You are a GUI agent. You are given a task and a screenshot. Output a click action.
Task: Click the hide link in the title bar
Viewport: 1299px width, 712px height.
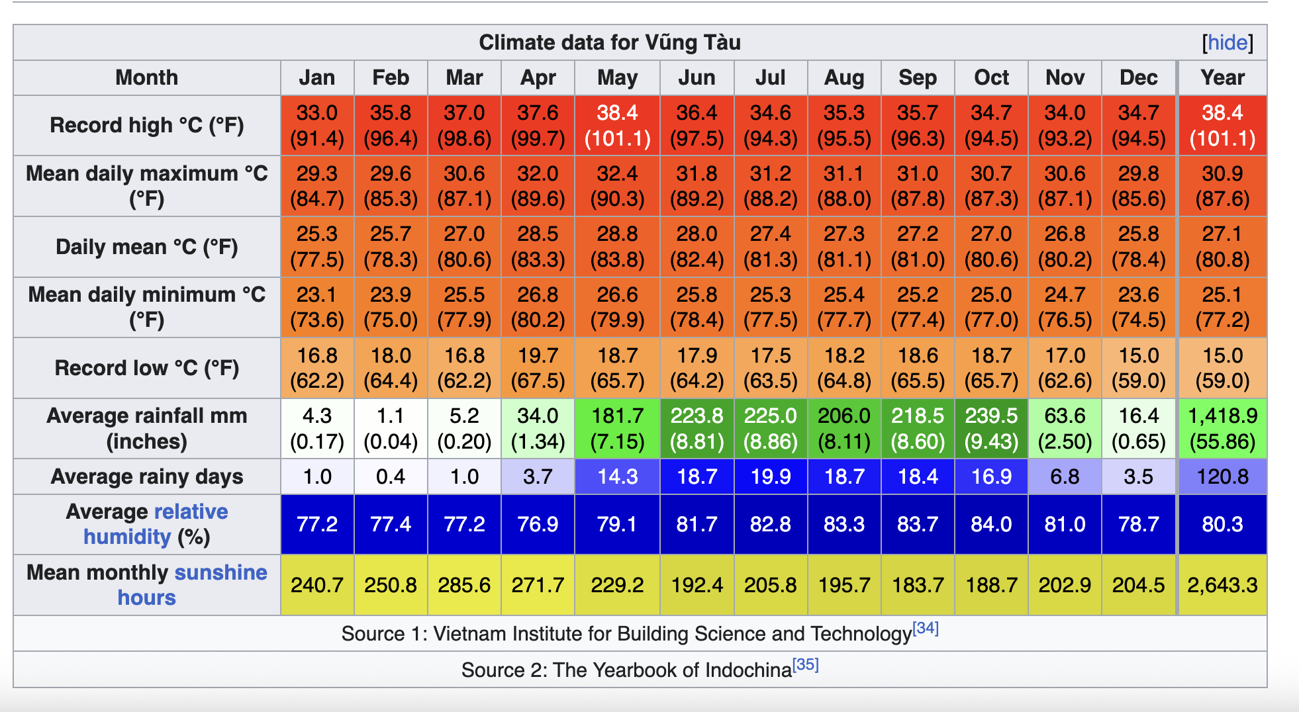[1227, 43]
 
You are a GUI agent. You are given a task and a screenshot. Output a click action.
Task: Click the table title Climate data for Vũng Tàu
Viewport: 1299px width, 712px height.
[609, 43]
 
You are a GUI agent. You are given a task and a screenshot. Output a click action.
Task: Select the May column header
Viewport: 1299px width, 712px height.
[617, 78]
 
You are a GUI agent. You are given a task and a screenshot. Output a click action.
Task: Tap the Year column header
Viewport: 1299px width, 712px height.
[1222, 78]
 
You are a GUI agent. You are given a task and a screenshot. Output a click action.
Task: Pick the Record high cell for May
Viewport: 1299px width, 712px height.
[617, 126]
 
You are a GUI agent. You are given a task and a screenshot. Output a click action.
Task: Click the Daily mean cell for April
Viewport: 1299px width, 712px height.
[538, 247]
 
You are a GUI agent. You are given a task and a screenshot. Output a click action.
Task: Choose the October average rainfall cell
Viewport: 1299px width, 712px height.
[991, 428]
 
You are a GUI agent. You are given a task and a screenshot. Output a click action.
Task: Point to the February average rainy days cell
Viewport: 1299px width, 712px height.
[391, 476]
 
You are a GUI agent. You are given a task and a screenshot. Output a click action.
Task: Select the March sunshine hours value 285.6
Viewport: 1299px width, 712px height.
[464, 585]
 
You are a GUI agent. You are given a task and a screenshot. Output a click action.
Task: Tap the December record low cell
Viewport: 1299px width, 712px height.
[1138, 368]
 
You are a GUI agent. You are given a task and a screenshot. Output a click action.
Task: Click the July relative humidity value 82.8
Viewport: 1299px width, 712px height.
[771, 524]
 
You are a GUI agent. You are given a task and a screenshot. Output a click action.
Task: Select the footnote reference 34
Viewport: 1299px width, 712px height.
[926, 628]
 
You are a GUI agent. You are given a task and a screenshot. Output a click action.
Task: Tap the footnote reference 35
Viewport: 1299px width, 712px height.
[806, 664]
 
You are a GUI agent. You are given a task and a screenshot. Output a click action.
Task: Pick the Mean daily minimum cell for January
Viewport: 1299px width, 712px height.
[317, 307]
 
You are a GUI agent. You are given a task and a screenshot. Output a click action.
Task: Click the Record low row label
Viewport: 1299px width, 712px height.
[147, 368]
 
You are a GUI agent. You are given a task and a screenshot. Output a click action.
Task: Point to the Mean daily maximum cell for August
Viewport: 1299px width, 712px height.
[844, 186]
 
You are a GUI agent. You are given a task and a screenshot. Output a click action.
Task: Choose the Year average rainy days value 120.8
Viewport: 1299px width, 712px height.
[1222, 476]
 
